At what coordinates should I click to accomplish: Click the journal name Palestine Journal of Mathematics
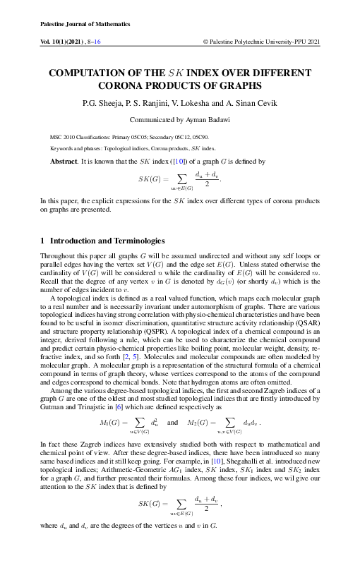pos(80,24)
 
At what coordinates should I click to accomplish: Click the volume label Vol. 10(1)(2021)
pos(66,42)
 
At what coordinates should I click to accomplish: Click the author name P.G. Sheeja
pos(104,104)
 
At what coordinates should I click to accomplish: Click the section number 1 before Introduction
pos(44,241)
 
